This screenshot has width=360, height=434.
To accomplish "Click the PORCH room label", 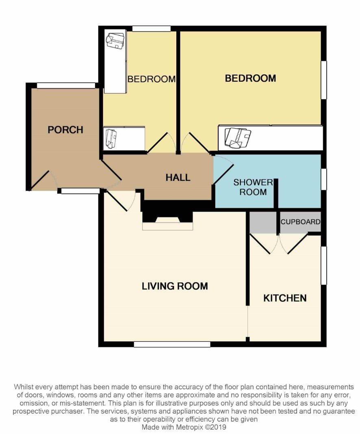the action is tap(65, 130).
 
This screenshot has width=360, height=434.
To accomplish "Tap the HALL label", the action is tap(178, 178).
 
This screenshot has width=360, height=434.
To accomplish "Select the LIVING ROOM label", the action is tap(175, 286).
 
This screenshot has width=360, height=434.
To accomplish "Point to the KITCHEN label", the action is tap(285, 298).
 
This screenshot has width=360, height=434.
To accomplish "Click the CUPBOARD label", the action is tap(300, 222).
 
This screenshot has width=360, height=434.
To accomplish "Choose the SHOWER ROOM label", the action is tap(253, 187).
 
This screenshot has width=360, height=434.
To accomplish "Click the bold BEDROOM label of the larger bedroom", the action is tap(250, 78).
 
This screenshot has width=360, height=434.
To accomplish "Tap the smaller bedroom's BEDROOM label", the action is tap(152, 79).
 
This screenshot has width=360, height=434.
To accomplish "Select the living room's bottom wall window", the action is tap(172, 344).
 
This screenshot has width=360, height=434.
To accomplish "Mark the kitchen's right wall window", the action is tap(324, 265).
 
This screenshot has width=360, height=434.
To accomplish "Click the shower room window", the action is tap(324, 179).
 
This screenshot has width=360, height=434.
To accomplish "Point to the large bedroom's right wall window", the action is tap(324, 80).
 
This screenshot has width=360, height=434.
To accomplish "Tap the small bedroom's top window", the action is tap(152, 28).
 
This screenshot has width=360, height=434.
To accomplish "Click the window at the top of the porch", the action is tap(66, 85).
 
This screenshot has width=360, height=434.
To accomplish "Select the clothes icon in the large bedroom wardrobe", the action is tap(237, 138).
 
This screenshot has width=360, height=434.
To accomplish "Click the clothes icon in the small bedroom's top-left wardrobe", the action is tap(115, 41).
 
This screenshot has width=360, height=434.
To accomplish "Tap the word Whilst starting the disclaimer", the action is tap(24, 387).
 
